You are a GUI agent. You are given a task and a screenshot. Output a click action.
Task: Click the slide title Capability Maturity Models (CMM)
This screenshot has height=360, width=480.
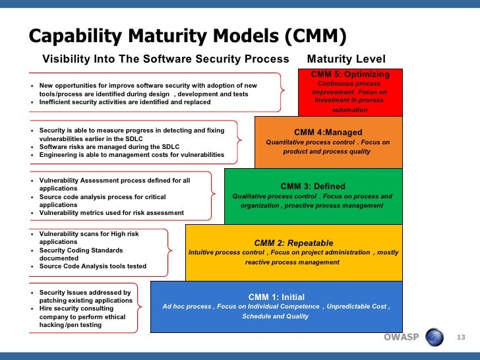[x=188, y=36]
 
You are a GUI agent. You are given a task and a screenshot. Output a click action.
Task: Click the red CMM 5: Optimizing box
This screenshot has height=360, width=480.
[x=350, y=92]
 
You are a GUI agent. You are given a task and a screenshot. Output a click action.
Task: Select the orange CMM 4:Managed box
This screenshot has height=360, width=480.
[x=328, y=141]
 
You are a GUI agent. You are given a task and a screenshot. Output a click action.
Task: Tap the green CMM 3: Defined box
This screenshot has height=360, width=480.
[x=312, y=196]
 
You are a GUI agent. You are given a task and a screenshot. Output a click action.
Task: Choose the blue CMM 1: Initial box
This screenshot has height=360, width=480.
[x=276, y=306]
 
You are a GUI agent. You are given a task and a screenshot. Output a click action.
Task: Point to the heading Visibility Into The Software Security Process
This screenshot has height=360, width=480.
[x=165, y=59]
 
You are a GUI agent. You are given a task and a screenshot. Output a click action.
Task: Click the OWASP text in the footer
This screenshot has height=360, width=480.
[x=401, y=338]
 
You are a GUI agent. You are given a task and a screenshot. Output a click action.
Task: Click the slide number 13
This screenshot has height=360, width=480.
[x=461, y=338]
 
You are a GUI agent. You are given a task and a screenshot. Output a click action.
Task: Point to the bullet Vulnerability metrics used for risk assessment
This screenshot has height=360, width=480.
[x=111, y=212]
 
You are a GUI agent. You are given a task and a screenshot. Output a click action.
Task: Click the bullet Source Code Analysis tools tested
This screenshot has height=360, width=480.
[x=92, y=266]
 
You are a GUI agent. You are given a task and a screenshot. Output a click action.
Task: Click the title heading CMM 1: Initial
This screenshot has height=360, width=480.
[x=276, y=297]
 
